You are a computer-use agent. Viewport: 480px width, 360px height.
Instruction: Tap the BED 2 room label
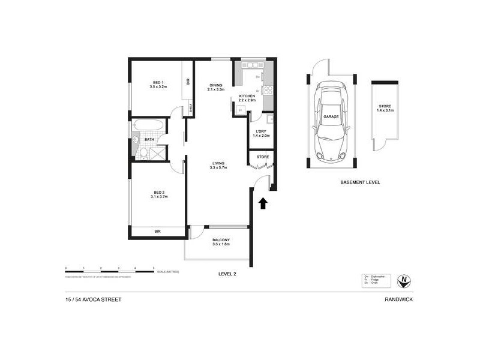(157, 193)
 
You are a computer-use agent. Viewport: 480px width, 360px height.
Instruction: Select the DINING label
(216, 85)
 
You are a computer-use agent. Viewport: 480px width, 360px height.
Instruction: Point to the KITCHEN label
(247, 96)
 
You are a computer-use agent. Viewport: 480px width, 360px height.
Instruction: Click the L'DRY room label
(262, 131)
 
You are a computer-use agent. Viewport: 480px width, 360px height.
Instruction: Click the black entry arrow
(262, 203)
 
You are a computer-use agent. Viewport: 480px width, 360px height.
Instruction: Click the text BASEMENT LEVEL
(360, 182)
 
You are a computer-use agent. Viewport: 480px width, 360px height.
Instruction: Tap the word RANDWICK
(401, 300)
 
